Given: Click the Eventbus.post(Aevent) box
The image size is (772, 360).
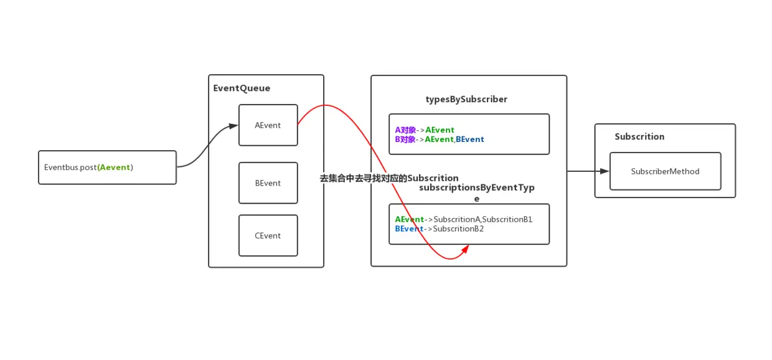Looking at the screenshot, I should click(107, 168).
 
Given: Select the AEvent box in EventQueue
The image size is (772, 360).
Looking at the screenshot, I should click(268, 125).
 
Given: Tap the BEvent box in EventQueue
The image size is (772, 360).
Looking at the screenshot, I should click(268, 183).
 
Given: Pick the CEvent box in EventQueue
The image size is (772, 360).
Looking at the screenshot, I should click(268, 235).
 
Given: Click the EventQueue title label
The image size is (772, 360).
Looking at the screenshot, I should click(242, 88).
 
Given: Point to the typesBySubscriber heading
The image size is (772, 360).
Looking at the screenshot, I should click(466, 99).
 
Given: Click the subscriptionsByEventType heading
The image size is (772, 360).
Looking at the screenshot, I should click(476, 188).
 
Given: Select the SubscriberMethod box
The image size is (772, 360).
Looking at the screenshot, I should click(665, 171).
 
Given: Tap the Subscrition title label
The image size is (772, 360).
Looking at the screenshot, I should click(639, 136).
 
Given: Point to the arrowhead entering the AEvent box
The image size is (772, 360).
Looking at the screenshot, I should click(233, 126).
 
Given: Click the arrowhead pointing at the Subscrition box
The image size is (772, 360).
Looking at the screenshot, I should click(604, 171).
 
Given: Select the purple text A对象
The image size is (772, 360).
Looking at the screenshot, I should click(405, 130).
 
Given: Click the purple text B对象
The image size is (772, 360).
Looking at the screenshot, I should click(405, 140).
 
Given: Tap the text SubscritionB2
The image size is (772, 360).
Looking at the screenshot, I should click(458, 229).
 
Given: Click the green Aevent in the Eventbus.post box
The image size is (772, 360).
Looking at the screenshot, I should click(115, 168).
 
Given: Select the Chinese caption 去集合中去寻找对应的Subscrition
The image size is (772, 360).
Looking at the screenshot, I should click(389, 178).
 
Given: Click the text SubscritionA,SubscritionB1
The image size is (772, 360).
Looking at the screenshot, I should click(482, 219).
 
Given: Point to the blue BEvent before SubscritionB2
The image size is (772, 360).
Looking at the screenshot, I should click(408, 229).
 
